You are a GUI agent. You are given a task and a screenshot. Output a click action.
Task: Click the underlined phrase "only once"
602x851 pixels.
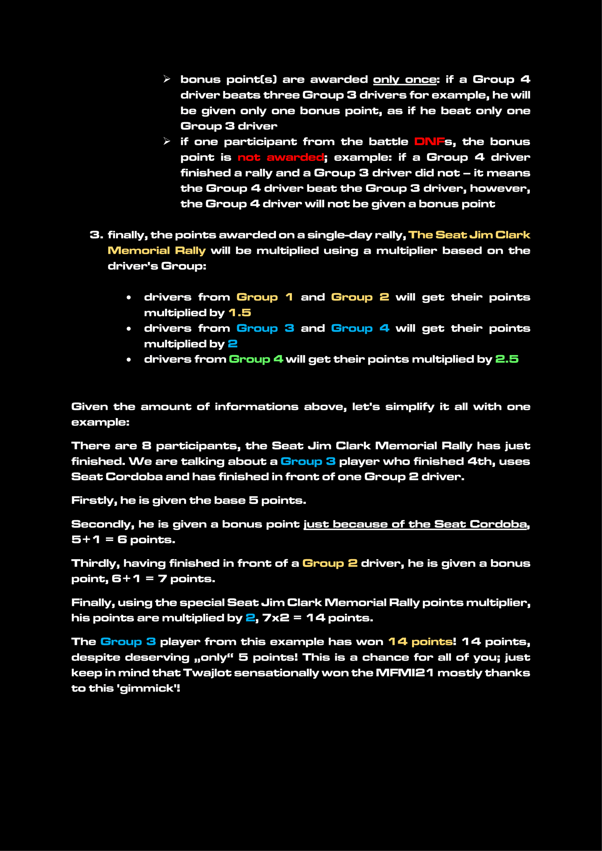click(x=404, y=79)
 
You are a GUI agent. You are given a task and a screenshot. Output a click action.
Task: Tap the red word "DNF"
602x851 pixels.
click(x=429, y=142)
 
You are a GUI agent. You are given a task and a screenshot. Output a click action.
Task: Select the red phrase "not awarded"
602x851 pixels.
click(x=281, y=157)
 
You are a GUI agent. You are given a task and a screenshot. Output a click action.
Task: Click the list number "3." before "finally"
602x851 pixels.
click(x=96, y=235)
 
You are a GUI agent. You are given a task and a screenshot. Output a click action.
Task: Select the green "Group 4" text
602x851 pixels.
click(x=256, y=359)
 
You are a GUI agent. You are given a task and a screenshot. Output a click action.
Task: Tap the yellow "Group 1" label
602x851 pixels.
click(x=264, y=297)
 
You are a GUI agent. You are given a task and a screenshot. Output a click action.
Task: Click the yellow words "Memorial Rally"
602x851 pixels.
click(x=157, y=251)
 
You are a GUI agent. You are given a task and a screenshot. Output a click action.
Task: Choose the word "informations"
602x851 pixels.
click(x=257, y=407)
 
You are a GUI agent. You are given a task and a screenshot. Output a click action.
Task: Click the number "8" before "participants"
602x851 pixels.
click(x=146, y=446)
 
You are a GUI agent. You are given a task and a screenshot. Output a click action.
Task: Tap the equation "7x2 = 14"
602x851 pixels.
click(x=294, y=617)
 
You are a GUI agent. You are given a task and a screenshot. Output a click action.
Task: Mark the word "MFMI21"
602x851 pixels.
click(x=404, y=673)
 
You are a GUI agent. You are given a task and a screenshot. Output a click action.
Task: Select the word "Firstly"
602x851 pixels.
click(x=94, y=500)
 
